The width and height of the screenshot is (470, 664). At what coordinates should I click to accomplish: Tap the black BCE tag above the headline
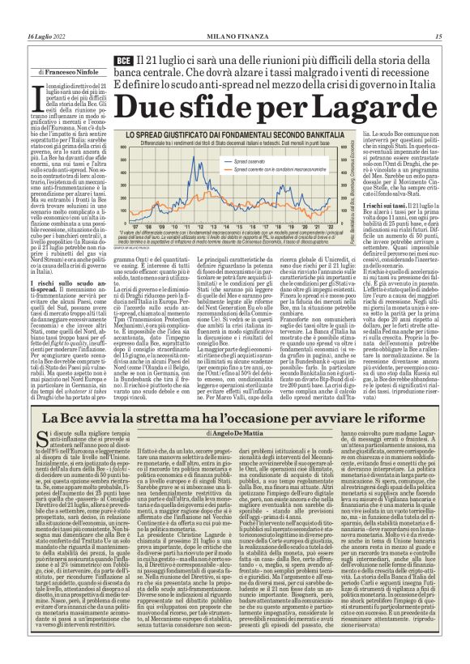click(x=123, y=62)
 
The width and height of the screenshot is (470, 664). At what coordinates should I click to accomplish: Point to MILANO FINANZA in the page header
click(x=234, y=36)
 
